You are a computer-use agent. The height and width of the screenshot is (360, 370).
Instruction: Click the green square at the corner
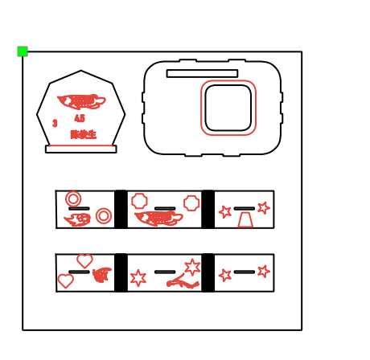pyautogui.click(x=23, y=51)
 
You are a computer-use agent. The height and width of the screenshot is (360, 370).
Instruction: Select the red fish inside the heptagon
pyautogui.click(x=81, y=102)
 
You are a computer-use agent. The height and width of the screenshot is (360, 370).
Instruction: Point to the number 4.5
pyautogui.click(x=80, y=118)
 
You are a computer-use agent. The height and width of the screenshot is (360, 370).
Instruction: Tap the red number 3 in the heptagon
pyautogui.click(x=55, y=124)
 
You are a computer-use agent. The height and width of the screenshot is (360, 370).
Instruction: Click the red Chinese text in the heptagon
pyautogui.click(x=83, y=134)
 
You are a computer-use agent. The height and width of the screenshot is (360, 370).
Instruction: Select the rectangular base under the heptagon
pyautogui.click(x=80, y=149)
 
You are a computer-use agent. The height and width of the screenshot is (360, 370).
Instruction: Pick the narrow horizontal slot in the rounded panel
pyautogui.click(x=202, y=73)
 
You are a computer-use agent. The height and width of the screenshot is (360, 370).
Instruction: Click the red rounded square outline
pyautogui.click(x=228, y=108)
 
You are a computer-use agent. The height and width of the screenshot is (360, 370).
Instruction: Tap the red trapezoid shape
pyautogui.click(x=245, y=219)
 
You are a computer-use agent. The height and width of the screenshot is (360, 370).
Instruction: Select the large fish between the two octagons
pyautogui.click(x=158, y=218)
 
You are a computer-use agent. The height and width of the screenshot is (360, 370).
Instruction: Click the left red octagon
pyautogui.click(x=139, y=200)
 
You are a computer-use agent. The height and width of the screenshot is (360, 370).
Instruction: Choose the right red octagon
pyautogui.click(x=191, y=203)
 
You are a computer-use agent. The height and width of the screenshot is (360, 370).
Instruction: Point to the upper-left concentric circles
pyautogui.click(x=73, y=198)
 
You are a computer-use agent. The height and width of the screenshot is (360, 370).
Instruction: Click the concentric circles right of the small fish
pyautogui.click(x=104, y=215)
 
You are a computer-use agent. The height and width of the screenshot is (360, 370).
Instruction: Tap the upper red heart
pyautogui.click(x=84, y=260)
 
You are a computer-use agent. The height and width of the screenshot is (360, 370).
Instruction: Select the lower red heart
pyautogui.click(x=65, y=280)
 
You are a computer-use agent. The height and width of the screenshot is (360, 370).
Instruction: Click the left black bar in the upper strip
pyautogui.click(x=121, y=209)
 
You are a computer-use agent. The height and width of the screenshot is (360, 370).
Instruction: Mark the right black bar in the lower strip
pyautogui.click(x=208, y=272)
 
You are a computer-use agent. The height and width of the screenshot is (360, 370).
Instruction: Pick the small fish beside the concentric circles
pyautogui.click(x=78, y=219)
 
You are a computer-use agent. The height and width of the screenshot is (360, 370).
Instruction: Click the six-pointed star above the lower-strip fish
pyautogui.click(x=192, y=267)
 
